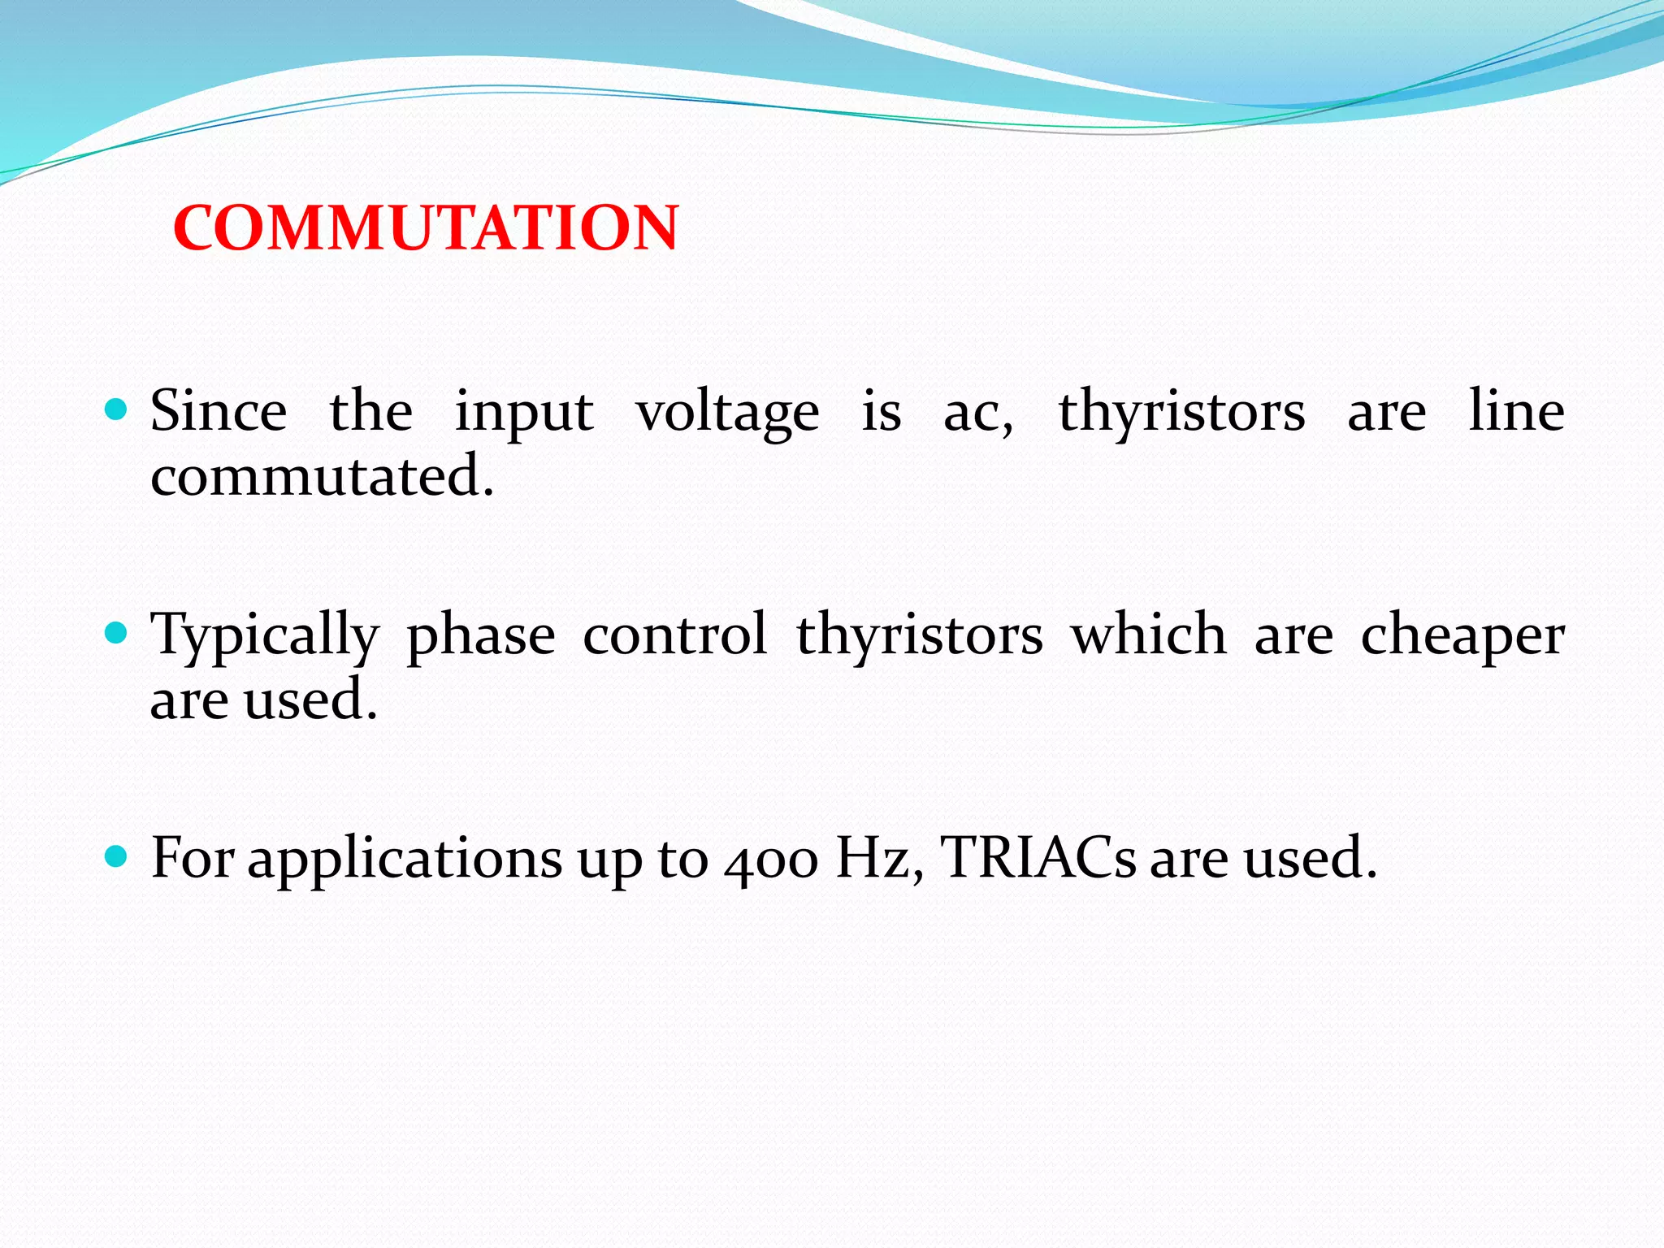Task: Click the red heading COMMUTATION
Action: coord(426,228)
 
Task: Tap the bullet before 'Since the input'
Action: coord(117,409)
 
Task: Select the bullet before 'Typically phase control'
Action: coord(117,632)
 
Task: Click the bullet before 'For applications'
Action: coord(117,856)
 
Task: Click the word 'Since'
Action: coord(219,411)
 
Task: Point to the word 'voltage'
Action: coord(727,414)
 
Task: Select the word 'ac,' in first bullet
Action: coord(978,414)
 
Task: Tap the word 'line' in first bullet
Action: coord(1516,411)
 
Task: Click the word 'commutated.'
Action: coord(323,476)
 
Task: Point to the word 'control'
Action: coord(675,635)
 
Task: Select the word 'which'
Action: coord(1148,635)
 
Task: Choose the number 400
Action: coord(771,861)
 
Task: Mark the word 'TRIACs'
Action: coord(1038,858)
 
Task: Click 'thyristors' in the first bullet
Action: coord(1181,414)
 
